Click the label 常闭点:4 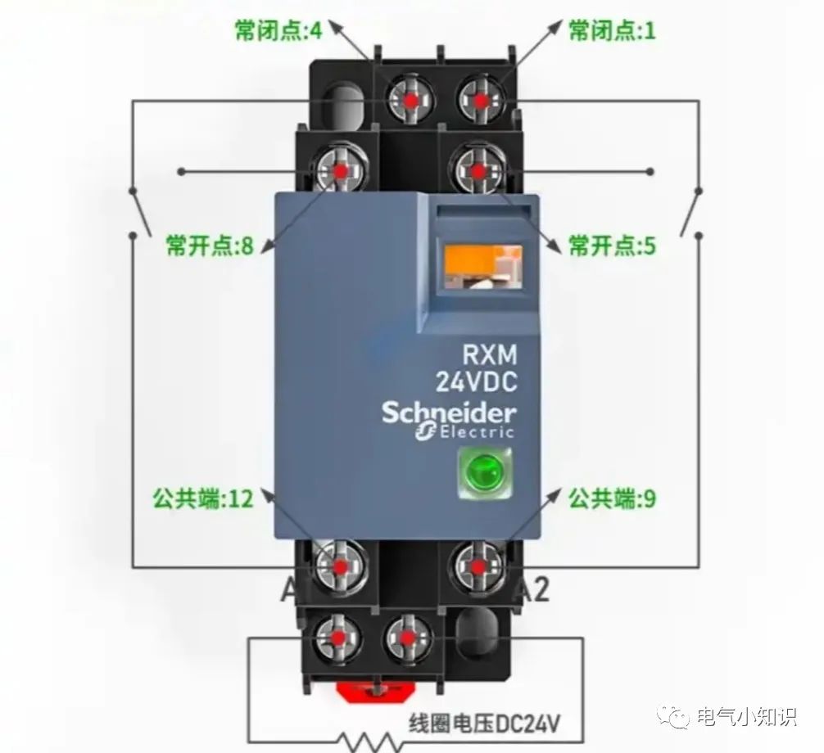(x=278, y=31)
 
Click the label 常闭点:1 (x=612, y=31)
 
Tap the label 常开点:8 (x=209, y=245)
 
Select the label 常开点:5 (x=612, y=245)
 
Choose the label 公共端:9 (x=612, y=498)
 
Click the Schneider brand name (x=448, y=412)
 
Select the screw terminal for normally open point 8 (x=339, y=170)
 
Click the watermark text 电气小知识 (x=744, y=717)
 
